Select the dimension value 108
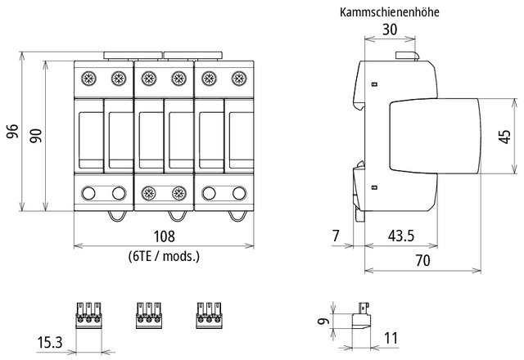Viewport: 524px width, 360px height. click(x=164, y=237)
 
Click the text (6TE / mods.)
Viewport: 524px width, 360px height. click(x=164, y=256)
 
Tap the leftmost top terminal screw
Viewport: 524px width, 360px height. click(x=88, y=79)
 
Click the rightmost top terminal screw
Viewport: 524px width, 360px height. click(x=238, y=79)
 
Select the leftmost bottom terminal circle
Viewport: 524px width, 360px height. click(x=88, y=194)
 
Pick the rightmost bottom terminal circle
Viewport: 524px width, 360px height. click(x=238, y=194)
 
